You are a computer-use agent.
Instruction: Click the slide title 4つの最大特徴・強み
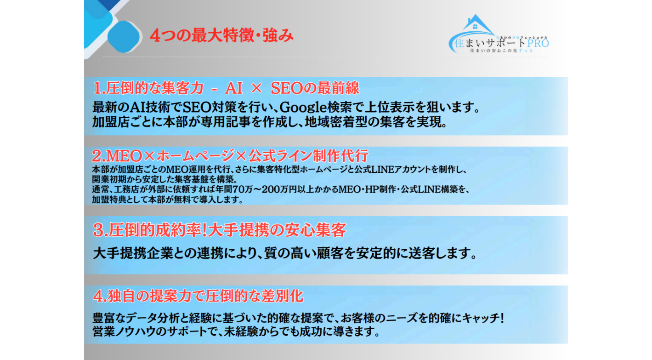coord(221,36)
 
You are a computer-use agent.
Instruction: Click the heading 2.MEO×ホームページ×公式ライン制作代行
coord(230,155)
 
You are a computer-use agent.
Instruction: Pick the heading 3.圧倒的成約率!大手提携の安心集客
coord(219,230)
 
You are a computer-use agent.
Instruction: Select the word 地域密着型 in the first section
coord(330,123)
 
